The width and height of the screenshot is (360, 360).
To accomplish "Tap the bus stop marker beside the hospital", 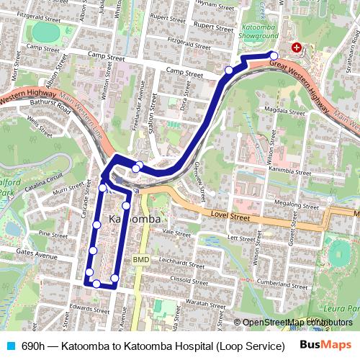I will [x=274, y=55].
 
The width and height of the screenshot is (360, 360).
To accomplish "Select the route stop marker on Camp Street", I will [x=229, y=70].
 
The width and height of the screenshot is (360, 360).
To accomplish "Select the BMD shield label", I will [x=140, y=258].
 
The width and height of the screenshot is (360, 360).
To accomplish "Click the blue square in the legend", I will [x=11, y=346].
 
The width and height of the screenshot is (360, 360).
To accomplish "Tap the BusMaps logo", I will [x=325, y=345].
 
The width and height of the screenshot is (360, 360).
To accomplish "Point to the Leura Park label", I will [x=338, y=309].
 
